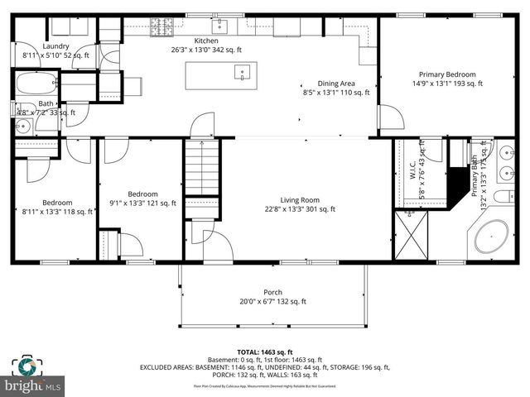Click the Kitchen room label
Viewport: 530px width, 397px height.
[206, 41]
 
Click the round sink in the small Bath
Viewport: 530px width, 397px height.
[22, 127]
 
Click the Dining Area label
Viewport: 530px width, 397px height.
[336, 83]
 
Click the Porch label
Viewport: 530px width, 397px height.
[272, 292]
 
